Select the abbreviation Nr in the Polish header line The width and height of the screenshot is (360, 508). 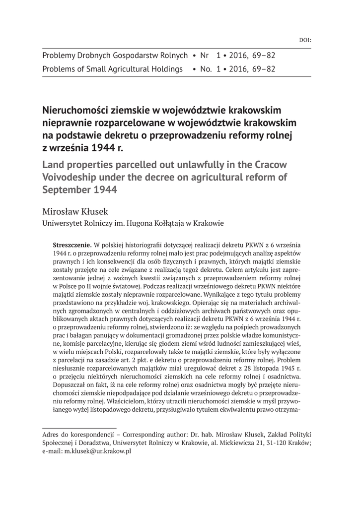pos(205,57)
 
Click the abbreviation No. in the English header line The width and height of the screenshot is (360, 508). pos(206,69)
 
